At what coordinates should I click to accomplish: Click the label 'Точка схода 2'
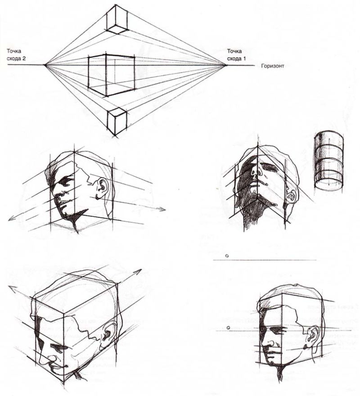point(16,55)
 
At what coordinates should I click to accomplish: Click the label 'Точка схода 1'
point(236,55)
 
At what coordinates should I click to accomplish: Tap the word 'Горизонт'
point(273,66)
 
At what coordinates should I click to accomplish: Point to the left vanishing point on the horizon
point(45,65)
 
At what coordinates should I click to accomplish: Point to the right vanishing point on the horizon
point(225,65)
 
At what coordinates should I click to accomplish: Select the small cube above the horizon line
point(117,19)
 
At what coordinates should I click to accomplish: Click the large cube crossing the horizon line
point(111,75)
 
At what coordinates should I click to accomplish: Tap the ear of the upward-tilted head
point(292,195)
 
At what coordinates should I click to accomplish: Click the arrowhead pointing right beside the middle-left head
point(163,209)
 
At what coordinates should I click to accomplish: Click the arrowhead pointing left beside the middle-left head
point(11,219)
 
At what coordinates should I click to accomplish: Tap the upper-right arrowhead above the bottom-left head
point(139,272)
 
